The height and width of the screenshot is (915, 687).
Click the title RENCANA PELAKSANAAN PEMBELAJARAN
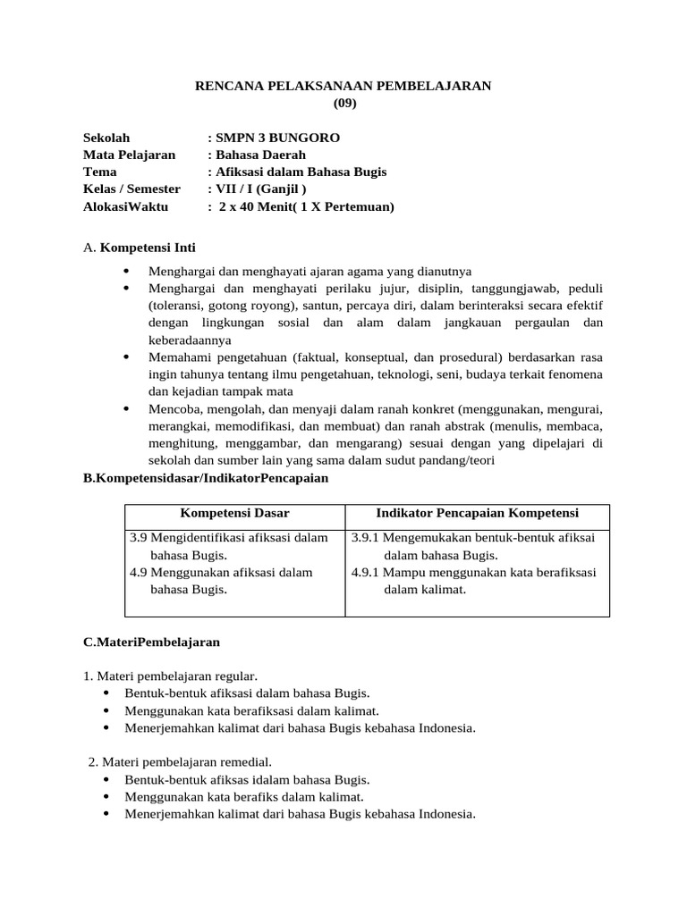[x=343, y=86]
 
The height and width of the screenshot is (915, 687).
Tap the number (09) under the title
[x=344, y=103]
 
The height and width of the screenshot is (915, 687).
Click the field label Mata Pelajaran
[x=129, y=155]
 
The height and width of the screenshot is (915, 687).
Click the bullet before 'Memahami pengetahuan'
[x=125, y=357]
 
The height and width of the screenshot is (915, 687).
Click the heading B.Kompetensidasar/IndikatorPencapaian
[x=206, y=478]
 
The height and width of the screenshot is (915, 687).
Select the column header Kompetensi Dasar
[x=234, y=513]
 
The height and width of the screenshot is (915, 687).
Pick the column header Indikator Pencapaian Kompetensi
[x=477, y=513]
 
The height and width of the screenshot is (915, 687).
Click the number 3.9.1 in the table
[x=367, y=538]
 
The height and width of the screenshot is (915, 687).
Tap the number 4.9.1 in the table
[x=367, y=573]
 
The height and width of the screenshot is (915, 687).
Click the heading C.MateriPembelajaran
[x=151, y=642]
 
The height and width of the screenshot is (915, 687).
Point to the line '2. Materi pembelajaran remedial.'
[x=179, y=762]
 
